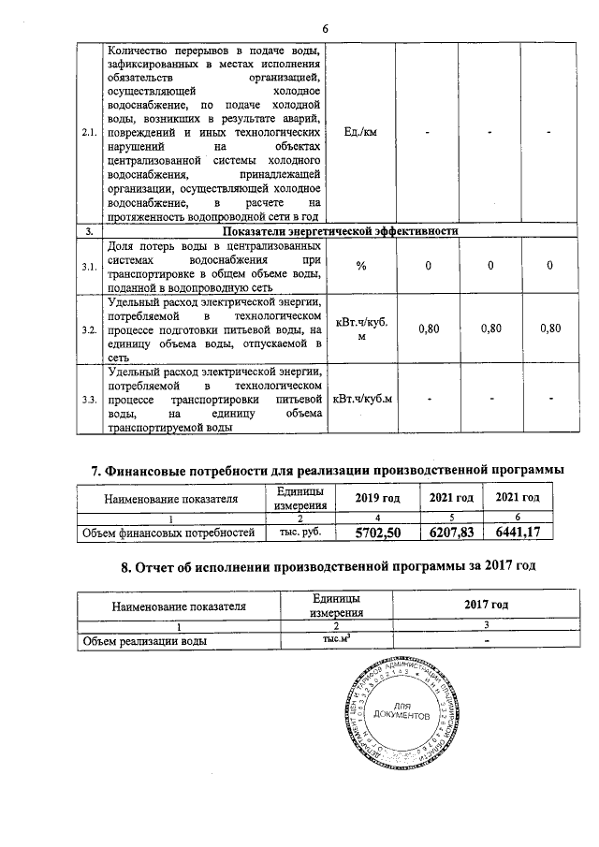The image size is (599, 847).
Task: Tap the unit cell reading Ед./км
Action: (360, 133)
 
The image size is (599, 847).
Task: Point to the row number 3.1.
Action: (90, 267)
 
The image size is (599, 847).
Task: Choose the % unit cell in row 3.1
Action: (360, 267)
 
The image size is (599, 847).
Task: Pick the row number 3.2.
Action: (90, 329)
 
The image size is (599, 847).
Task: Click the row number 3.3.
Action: (90, 401)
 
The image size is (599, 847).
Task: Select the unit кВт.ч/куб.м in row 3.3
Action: (361, 401)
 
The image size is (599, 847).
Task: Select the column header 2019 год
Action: (378, 498)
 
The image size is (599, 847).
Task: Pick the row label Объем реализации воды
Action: (144, 641)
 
